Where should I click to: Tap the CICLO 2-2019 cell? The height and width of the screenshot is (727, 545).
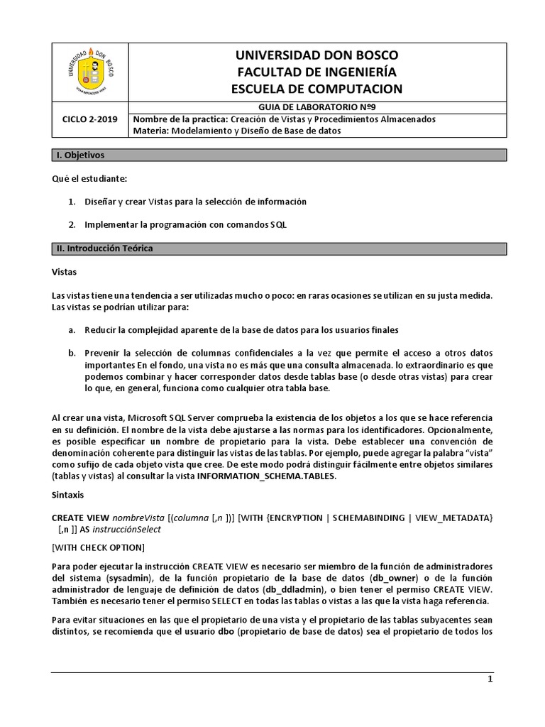(91, 119)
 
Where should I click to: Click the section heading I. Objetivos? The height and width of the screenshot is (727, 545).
(80, 155)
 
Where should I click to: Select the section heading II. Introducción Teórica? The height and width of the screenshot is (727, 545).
(104, 248)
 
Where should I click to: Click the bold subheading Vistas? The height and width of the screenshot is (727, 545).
(65, 272)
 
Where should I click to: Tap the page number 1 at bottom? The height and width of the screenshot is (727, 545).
(490, 679)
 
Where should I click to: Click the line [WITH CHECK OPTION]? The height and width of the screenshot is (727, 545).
(99, 547)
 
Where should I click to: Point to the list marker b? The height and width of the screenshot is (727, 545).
(72, 353)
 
